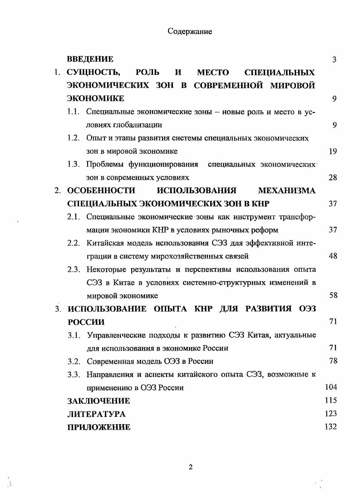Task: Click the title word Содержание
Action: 190,31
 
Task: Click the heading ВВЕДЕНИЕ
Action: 90,59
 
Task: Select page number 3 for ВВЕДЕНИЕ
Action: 334,59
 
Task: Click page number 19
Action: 332,151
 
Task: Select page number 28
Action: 332,177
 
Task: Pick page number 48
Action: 332,256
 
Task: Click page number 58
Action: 332,296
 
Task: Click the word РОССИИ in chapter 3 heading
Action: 86,322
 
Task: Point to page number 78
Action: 332,361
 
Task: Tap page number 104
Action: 330,387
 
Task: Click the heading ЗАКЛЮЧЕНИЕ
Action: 99,401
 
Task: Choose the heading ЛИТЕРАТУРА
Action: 96,414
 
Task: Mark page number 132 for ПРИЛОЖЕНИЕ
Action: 330,427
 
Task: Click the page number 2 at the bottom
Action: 191,468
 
